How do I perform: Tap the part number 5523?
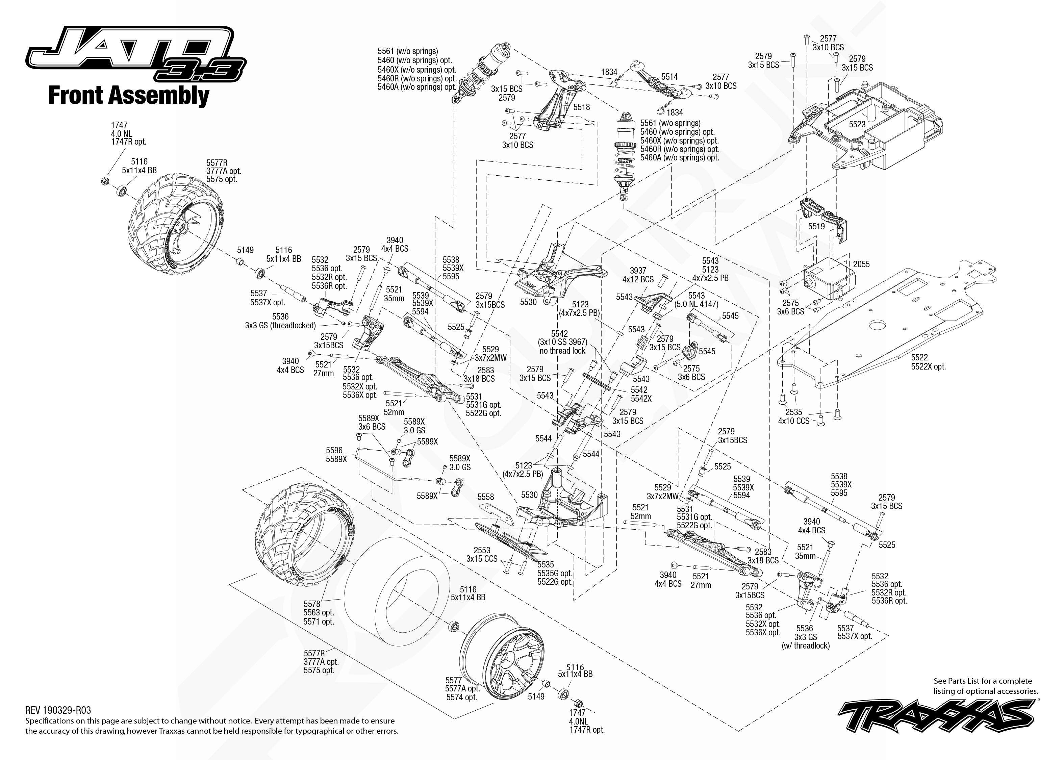tap(857, 125)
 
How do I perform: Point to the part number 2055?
tap(861, 264)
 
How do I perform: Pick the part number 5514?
tap(669, 77)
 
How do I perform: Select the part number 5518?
tap(582, 107)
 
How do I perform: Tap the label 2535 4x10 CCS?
tap(793, 416)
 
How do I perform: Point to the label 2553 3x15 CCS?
tap(481, 555)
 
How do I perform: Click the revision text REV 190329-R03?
tap(58, 710)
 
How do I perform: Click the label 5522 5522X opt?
tap(928, 362)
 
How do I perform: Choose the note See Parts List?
tap(985, 686)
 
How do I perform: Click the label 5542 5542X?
tap(640, 394)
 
